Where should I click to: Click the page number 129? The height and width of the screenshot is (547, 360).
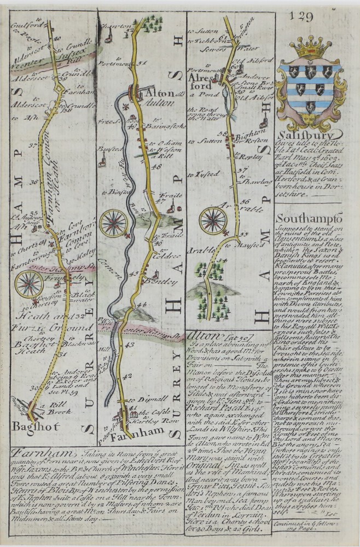click(306, 16)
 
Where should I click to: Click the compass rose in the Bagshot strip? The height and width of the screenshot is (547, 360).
click(29, 284)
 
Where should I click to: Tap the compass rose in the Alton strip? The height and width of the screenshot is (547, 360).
click(114, 222)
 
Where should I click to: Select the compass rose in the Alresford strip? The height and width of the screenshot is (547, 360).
click(214, 220)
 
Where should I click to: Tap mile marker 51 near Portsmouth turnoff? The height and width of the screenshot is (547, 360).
click(144, 64)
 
